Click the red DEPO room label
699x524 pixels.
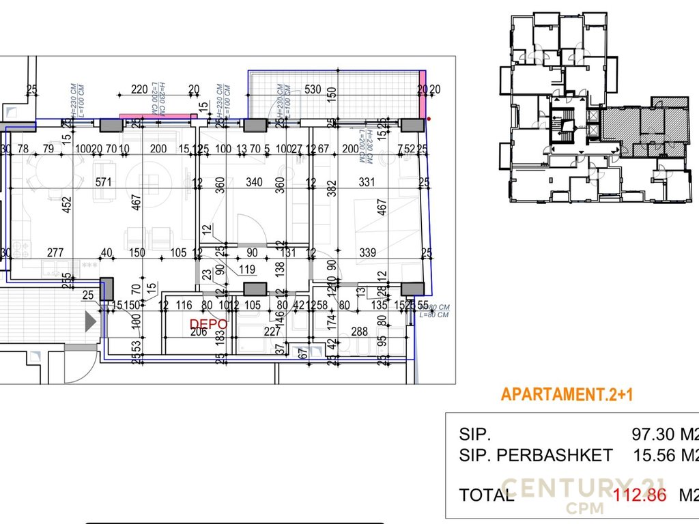click(x=203, y=323)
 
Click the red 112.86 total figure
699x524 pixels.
click(x=640, y=495)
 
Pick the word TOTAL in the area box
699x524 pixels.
click(x=487, y=495)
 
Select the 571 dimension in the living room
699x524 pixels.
click(x=102, y=182)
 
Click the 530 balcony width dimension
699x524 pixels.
click(x=313, y=89)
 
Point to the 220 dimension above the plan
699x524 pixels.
click(x=139, y=89)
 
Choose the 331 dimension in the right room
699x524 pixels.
click(x=367, y=182)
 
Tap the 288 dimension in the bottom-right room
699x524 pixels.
click(x=359, y=332)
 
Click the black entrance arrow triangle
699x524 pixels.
click(x=90, y=320)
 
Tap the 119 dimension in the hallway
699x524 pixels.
click(x=247, y=269)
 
